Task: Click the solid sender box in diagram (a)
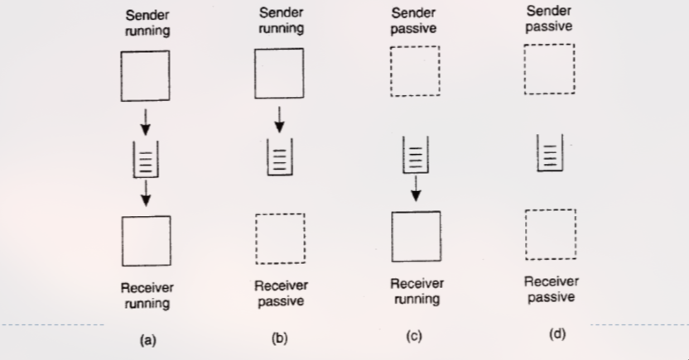click(x=147, y=75)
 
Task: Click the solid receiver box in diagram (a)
click(x=147, y=240)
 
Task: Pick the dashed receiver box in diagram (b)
click(x=280, y=238)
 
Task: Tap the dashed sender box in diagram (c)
click(x=414, y=71)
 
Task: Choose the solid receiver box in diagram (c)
click(x=416, y=236)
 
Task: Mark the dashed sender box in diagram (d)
click(x=549, y=69)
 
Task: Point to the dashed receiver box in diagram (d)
click(x=551, y=234)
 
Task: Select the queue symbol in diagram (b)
click(x=279, y=157)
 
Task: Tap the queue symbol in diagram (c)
click(x=415, y=155)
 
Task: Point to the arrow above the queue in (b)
click(x=279, y=120)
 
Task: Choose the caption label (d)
click(x=556, y=334)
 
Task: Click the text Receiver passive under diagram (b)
click(x=281, y=293)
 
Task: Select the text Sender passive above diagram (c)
click(x=414, y=21)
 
